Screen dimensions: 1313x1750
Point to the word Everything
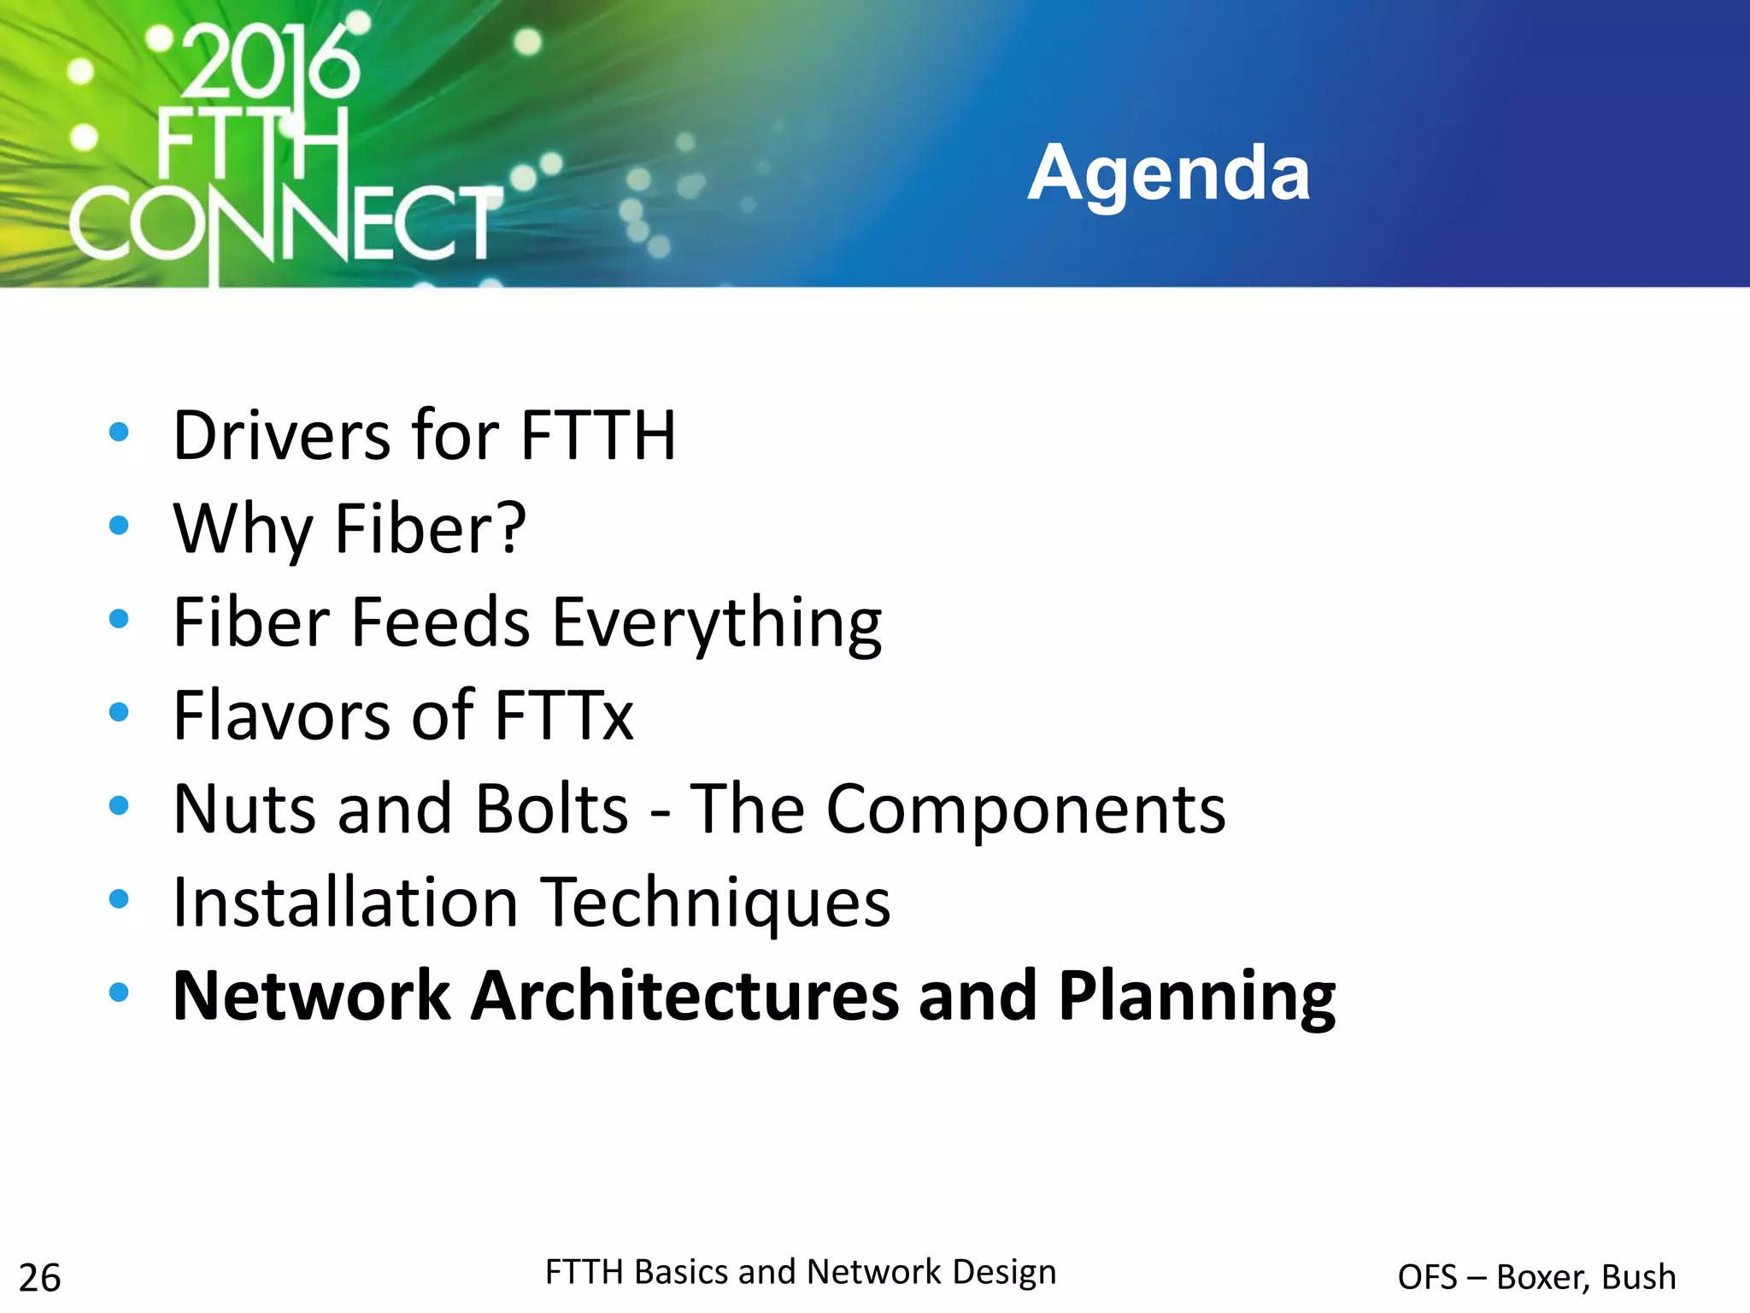(717, 623)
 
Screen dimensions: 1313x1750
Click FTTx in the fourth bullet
(564, 715)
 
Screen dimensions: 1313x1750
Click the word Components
(1025, 810)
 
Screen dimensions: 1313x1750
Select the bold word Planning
(1196, 998)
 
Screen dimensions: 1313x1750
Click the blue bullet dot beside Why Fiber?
(119, 525)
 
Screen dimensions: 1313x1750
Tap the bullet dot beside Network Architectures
(119, 992)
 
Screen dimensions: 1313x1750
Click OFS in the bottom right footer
(1426, 1277)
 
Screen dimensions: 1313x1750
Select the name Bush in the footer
(1638, 1277)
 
